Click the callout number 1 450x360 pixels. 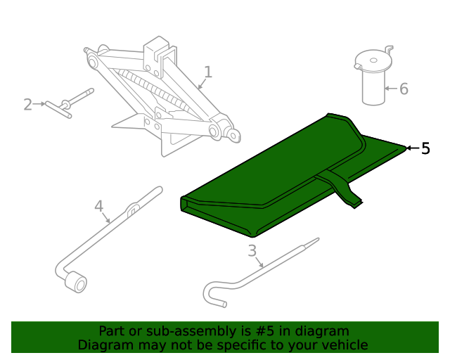click(x=207, y=72)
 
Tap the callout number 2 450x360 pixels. click(x=27, y=105)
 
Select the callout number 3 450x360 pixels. click(x=252, y=251)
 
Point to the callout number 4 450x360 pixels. click(x=99, y=206)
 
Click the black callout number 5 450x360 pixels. click(x=425, y=148)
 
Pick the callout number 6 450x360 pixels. click(x=404, y=89)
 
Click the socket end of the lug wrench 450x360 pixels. click(x=75, y=283)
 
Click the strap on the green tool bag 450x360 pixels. click(x=345, y=189)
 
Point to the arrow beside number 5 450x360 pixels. click(x=412, y=148)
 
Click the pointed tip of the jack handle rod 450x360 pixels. click(x=316, y=240)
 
